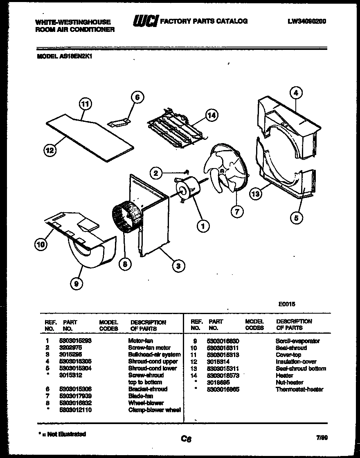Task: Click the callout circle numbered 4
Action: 295,93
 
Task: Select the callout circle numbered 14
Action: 211,115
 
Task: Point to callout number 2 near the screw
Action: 155,173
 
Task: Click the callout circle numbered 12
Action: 49,150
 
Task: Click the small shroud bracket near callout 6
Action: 119,121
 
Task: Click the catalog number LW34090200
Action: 307,21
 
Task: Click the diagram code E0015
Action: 287,304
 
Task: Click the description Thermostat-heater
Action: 299,389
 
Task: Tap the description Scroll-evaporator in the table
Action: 297,341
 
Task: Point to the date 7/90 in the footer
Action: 322,438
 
